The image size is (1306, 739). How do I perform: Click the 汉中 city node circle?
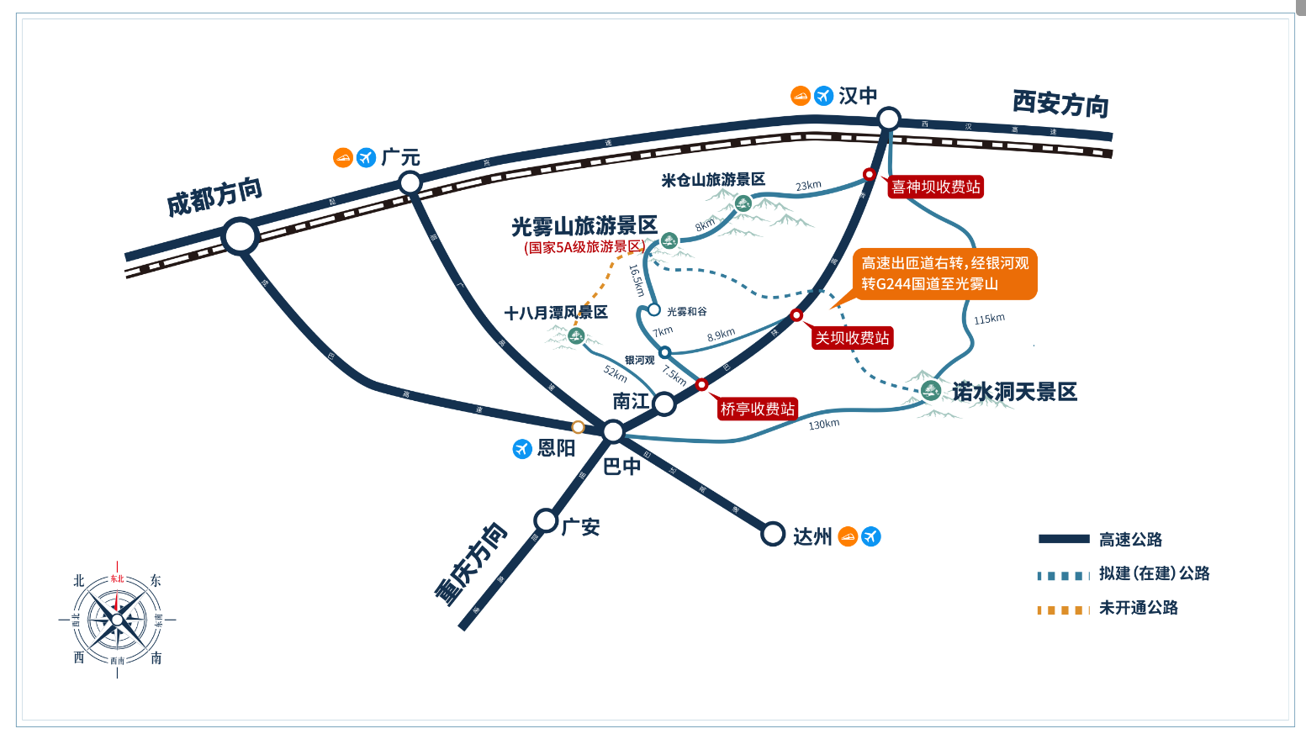coord(889,119)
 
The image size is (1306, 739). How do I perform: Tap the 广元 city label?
coord(400,157)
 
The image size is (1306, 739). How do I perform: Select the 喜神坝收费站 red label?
coord(936,187)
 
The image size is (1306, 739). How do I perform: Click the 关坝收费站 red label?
coord(852,338)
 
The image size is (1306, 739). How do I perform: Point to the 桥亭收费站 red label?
coord(758,409)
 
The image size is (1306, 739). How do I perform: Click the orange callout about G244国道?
coord(945,273)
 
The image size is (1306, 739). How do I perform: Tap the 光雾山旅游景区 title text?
coord(584,226)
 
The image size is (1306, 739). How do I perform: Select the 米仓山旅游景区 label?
coord(713,180)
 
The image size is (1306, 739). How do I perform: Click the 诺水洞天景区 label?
coord(1014,392)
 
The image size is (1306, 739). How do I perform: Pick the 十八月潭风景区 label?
coord(556,313)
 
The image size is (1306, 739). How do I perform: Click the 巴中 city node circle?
coord(613,432)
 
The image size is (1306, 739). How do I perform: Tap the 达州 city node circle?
coord(773,534)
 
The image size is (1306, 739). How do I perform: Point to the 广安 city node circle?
coord(546,521)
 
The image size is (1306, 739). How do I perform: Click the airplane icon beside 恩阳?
coord(522,449)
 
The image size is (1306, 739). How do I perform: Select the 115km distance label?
coord(989,319)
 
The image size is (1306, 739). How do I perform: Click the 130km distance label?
coord(824,425)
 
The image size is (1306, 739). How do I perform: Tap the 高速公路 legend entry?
coord(1130,540)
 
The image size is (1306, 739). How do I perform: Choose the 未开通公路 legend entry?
coord(1138,608)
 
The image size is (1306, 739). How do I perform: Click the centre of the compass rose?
coord(117,620)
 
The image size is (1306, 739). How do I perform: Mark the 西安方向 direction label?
coord(1060,103)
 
